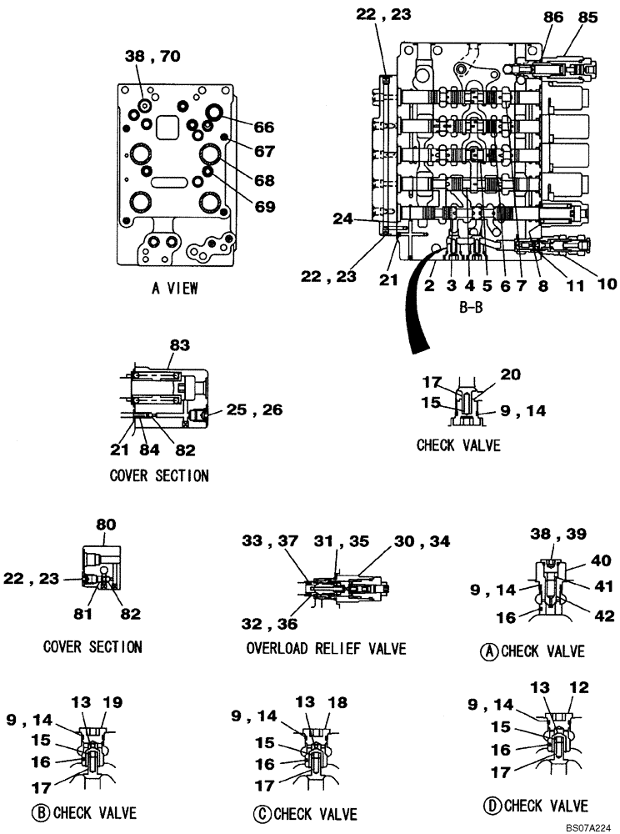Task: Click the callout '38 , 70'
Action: pos(152,57)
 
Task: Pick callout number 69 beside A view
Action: pos(264,205)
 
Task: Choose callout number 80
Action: pos(106,525)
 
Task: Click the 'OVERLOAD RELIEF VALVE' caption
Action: pos(326,648)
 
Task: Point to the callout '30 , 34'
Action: pos(422,541)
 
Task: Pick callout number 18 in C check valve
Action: pos(337,703)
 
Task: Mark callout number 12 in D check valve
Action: pos(579,687)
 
